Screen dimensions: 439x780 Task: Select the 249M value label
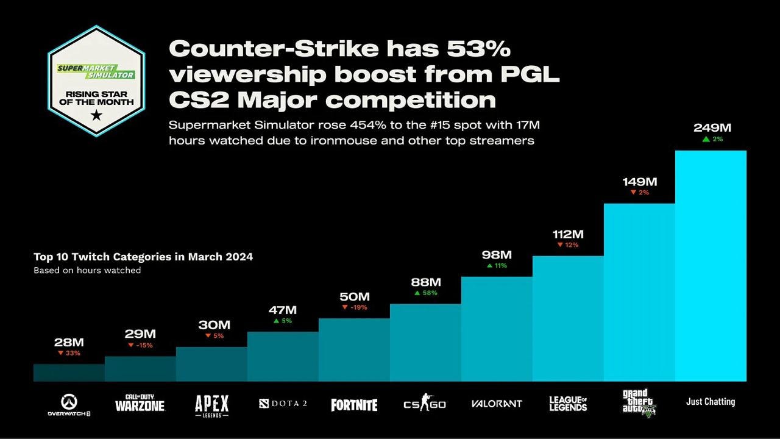(x=712, y=128)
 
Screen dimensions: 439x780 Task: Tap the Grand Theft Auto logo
(x=639, y=402)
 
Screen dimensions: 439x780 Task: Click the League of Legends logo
(x=568, y=403)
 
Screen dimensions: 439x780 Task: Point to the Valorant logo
(x=497, y=404)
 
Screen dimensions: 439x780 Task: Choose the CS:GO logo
(x=425, y=403)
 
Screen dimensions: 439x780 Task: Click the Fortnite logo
(x=354, y=404)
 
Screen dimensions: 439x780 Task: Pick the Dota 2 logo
(x=282, y=403)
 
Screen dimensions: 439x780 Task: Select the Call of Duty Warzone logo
(x=140, y=403)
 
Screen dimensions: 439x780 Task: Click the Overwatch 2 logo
(x=69, y=405)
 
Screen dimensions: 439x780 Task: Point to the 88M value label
(x=425, y=282)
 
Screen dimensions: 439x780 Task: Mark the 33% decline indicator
(x=69, y=353)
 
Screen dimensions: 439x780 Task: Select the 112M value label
(x=568, y=234)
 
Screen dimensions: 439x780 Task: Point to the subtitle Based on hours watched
(x=87, y=270)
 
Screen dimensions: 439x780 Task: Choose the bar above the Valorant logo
(x=497, y=329)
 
